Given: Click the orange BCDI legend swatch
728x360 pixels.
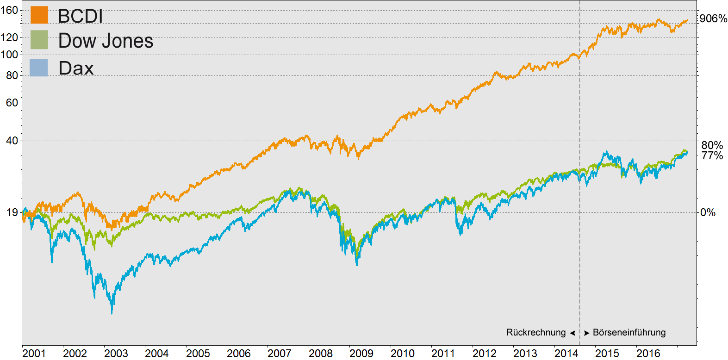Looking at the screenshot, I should pyautogui.click(x=39, y=15).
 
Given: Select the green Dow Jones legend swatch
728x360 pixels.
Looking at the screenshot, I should pyautogui.click(x=39, y=40).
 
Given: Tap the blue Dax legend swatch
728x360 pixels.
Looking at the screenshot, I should pyautogui.click(x=39, y=68).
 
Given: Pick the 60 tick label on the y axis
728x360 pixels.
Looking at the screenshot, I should pyautogui.click(x=12, y=103).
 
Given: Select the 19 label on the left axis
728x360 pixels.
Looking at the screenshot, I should pyautogui.click(x=12, y=212).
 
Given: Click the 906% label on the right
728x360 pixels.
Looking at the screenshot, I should pyautogui.click(x=713, y=19).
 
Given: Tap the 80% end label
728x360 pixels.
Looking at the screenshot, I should pyautogui.click(x=712, y=145).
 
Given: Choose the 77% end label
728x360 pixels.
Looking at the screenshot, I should pyautogui.click(x=712, y=155).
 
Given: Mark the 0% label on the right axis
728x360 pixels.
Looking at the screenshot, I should pyautogui.click(x=708, y=212).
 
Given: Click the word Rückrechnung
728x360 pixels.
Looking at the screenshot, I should pyautogui.click(x=535, y=333).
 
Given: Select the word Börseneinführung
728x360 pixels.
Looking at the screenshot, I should pyautogui.click(x=629, y=333).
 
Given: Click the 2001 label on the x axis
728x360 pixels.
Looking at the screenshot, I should pyautogui.click(x=34, y=354).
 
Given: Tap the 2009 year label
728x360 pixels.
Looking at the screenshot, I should pyautogui.click(x=361, y=354).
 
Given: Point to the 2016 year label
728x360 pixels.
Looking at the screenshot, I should pyautogui.click(x=648, y=354).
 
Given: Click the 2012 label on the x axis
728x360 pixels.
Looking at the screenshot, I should pyautogui.click(x=484, y=354).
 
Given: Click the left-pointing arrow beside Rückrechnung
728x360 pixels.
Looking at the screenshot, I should pyautogui.click(x=572, y=333).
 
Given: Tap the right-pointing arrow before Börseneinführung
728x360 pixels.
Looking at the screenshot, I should pyautogui.click(x=586, y=333).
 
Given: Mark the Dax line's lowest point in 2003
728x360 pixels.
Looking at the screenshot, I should pyautogui.click(x=112, y=313).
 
